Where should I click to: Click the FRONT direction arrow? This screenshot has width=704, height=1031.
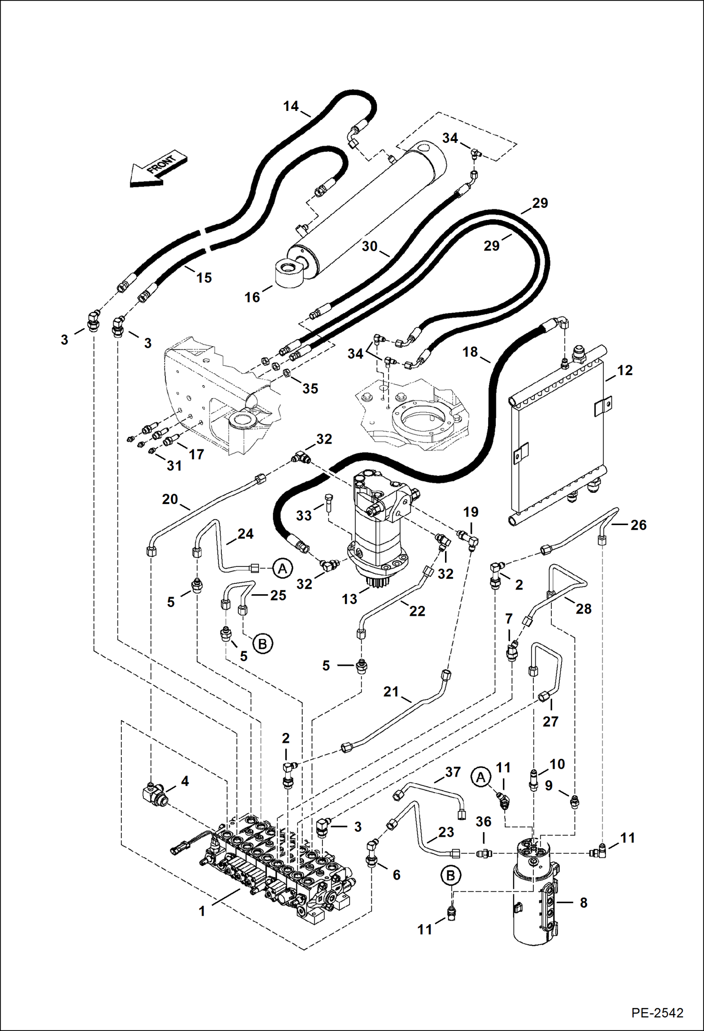tap(158, 170)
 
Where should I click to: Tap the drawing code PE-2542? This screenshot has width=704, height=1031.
tap(657, 1012)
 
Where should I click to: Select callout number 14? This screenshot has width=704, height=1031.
tap(291, 106)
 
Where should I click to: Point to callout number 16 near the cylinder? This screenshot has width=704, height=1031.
tap(252, 297)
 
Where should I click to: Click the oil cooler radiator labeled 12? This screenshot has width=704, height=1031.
tap(558, 435)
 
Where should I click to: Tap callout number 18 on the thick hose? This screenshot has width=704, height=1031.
tap(470, 352)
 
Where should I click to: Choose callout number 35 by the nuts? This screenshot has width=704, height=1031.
tap(310, 388)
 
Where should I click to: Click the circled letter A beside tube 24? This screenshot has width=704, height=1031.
tap(282, 568)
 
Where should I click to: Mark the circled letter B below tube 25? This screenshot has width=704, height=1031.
tap(262, 643)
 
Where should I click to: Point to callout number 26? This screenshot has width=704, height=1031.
tap(638, 525)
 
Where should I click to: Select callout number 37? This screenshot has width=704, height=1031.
tap(453, 772)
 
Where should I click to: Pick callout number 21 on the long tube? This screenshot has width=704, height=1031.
tap(391, 692)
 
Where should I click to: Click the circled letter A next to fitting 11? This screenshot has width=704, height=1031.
tap(480, 778)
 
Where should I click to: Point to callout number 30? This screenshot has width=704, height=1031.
tap(370, 246)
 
